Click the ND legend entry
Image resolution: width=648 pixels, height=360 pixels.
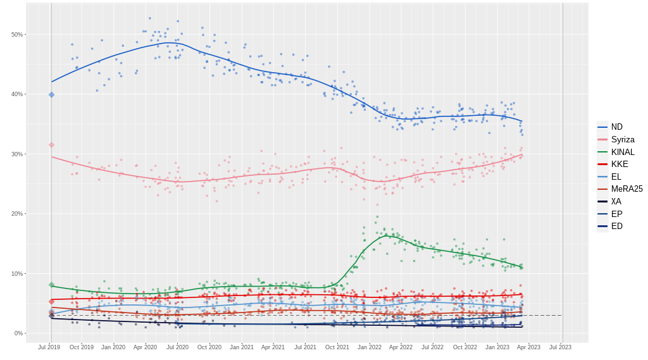[x=616, y=127]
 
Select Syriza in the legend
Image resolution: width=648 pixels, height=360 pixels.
[x=623, y=140]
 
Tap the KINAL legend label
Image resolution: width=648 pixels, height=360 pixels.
[x=623, y=152]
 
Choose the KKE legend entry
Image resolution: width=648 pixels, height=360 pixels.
[x=620, y=164]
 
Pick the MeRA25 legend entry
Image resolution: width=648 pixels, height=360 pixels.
[x=626, y=189]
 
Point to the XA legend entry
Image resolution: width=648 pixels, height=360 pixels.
[x=616, y=201]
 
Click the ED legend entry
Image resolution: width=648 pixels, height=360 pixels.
[x=616, y=226]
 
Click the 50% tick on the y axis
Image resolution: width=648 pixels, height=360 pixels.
[x=17, y=34]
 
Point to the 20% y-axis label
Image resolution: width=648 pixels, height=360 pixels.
[x=17, y=214]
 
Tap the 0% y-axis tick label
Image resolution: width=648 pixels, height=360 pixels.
[x=19, y=333]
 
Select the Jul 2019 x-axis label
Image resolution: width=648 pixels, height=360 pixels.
[x=49, y=347]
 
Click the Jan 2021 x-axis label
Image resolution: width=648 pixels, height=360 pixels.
[x=241, y=347]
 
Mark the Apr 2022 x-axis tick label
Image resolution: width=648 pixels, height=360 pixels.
[x=401, y=347]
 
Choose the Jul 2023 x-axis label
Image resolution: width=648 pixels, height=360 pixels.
[x=560, y=347]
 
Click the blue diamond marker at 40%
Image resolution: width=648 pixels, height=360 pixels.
[x=52, y=95]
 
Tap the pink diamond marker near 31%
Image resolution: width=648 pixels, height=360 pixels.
[x=52, y=145]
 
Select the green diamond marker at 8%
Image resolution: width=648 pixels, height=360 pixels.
[x=52, y=285]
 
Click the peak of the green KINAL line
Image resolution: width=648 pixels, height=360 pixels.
[x=387, y=235]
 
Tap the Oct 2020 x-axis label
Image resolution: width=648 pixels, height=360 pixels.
[x=209, y=347]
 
